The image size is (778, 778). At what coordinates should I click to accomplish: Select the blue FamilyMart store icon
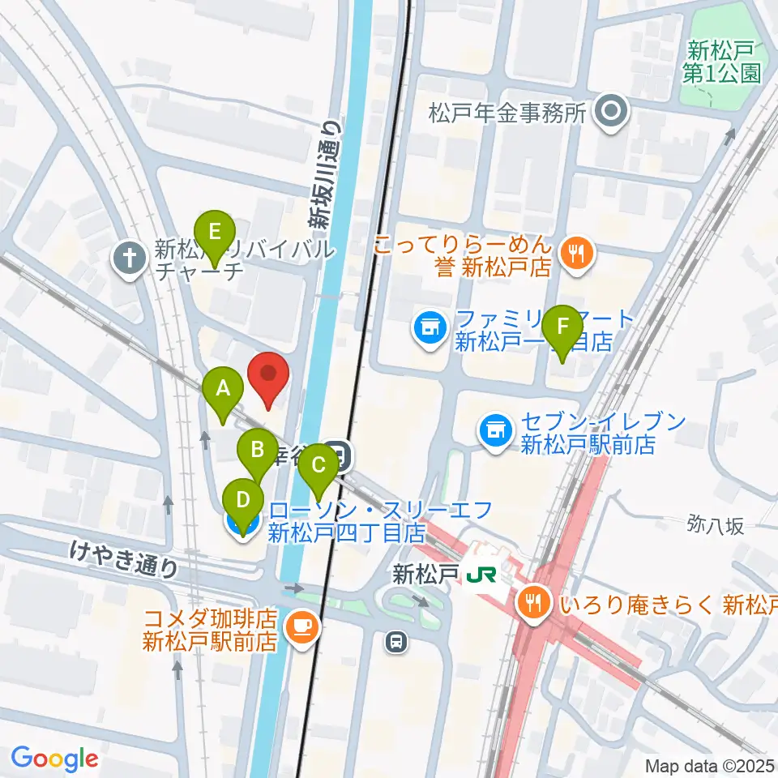click(x=429, y=328)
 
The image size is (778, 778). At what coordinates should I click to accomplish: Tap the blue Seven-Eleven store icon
click(x=495, y=430)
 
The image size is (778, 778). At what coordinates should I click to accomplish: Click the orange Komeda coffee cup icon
click(x=301, y=626)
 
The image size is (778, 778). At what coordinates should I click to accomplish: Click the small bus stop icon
click(x=395, y=642)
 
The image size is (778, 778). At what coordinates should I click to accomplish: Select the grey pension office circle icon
click(x=611, y=113)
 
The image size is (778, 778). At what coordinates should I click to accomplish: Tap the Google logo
click(x=54, y=759)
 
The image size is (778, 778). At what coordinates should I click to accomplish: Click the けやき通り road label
click(x=124, y=559)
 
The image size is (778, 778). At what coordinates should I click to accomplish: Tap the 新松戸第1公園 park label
click(x=723, y=61)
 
